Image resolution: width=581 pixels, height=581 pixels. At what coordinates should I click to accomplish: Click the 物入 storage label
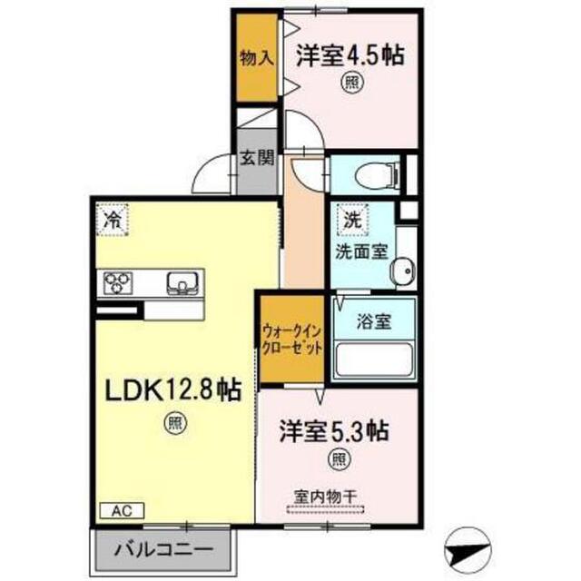pyautogui.click(x=257, y=58)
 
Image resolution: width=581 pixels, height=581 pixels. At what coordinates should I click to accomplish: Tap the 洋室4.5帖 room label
pyautogui.click(x=350, y=55)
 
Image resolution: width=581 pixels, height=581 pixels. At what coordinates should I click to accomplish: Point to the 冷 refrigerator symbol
pyautogui.click(x=112, y=220)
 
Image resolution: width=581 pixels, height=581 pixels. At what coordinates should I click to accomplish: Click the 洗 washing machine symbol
pyautogui.click(x=352, y=220)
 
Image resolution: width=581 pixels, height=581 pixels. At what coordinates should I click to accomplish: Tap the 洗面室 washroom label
pyautogui.click(x=361, y=252)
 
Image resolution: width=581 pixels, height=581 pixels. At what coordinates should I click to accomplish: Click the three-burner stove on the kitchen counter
pyautogui.click(x=118, y=282)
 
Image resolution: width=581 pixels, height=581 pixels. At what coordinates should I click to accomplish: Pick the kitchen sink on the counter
pyautogui.click(x=182, y=283)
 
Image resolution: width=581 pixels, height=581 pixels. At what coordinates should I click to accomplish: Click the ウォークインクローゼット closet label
pyautogui.click(x=291, y=339)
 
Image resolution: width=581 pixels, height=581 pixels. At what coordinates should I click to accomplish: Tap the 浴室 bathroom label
pyautogui.click(x=374, y=320)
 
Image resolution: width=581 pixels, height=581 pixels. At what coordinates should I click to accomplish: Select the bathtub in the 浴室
pyautogui.click(x=374, y=360)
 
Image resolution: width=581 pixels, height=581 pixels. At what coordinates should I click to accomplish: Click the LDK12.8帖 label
pyautogui.click(x=173, y=389)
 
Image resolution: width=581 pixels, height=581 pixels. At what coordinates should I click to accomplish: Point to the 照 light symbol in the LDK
pyautogui.click(x=175, y=423)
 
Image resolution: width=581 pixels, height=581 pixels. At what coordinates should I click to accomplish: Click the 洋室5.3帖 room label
pyautogui.click(x=334, y=430)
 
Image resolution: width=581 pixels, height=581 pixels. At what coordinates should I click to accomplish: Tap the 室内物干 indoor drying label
pyautogui.click(x=325, y=497)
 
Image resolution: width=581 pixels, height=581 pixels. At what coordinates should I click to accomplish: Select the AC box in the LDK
pyautogui.click(x=122, y=511)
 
